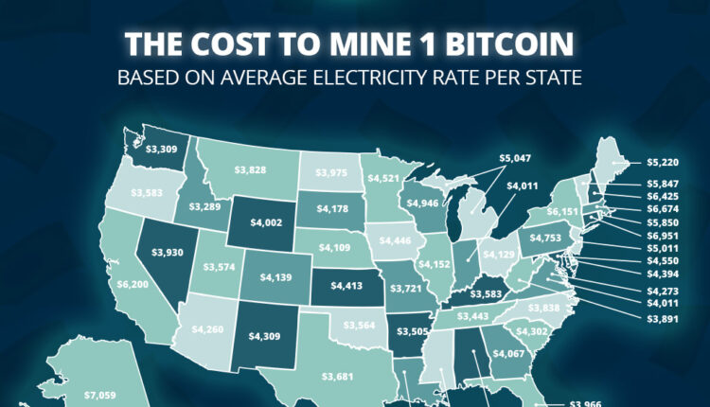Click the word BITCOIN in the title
pos(516,44)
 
